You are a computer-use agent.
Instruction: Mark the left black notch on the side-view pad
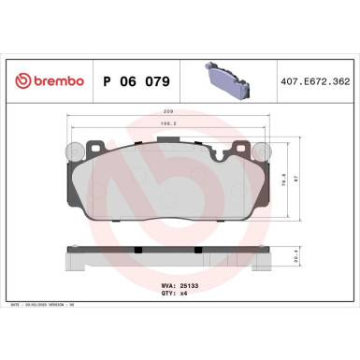coord(137,250)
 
